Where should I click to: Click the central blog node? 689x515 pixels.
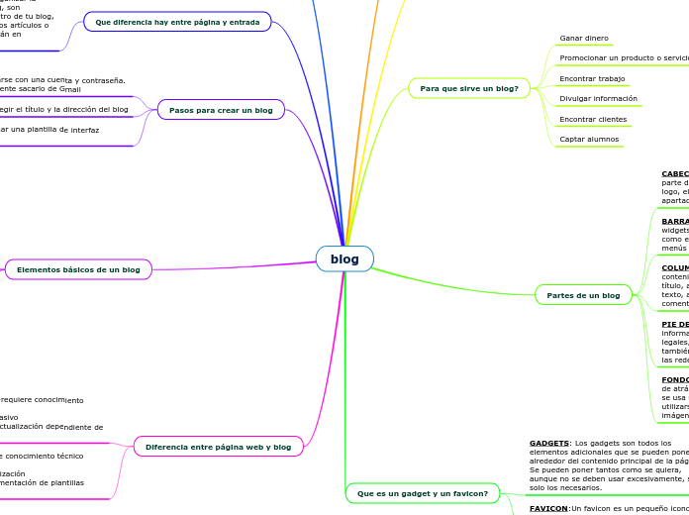pos(344,259)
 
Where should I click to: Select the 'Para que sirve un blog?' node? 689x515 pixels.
pos(468,89)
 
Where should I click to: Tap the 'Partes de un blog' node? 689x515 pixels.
pos(583,295)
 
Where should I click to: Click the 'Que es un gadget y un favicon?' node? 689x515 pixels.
pos(422,493)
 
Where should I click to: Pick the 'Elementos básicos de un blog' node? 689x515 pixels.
pos(78,269)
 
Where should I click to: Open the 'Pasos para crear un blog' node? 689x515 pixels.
pos(221,110)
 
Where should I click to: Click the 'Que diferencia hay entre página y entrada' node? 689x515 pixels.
pos(177,22)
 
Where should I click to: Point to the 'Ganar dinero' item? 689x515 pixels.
pos(584,39)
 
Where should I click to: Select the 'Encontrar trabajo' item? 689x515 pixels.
pos(592,78)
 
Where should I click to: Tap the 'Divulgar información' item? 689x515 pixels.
pos(598,99)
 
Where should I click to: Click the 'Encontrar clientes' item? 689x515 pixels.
pos(593,119)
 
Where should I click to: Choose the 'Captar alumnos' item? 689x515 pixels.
pos(589,140)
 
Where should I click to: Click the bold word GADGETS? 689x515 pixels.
pos(548,443)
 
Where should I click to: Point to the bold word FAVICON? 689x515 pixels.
pos(548,508)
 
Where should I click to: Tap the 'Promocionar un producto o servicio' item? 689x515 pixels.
pos(624,58)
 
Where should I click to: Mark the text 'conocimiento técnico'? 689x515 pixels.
pos(44,457)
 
